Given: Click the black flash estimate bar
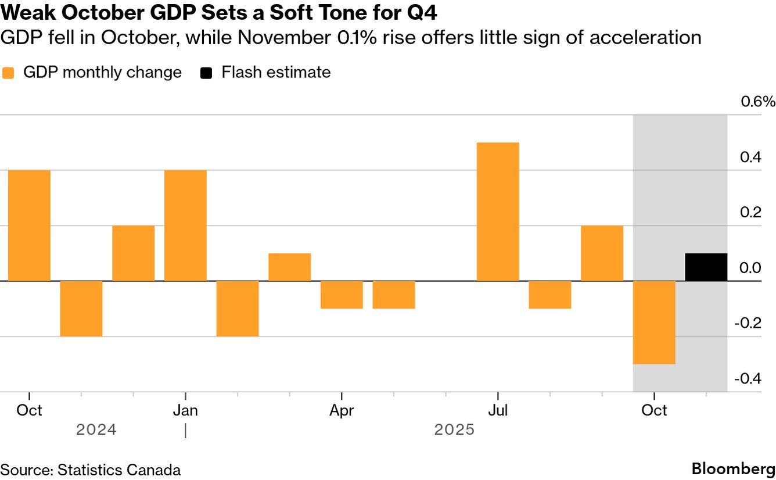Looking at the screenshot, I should (x=706, y=267).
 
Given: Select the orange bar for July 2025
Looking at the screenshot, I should (x=498, y=212).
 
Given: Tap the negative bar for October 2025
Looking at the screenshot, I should (x=654, y=323).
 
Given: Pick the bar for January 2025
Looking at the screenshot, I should (x=185, y=225).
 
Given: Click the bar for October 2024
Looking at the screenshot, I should (x=29, y=225).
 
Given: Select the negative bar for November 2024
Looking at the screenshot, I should (x=81, y=309).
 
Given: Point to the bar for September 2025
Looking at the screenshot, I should (x=602, y=253).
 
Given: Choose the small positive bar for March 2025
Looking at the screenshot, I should (x=289, y=267).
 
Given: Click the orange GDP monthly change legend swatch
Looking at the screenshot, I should (x=8, y=73).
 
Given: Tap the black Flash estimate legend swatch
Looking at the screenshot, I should (x=206, y=73).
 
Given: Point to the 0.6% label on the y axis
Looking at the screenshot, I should (x=757, y=102).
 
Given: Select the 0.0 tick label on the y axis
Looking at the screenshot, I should (x=750, y=268).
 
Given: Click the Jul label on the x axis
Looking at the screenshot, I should (x=498, y=410).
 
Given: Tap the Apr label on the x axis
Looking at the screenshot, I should (x=342, y=410).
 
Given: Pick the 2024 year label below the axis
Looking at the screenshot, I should (x=96, y=430).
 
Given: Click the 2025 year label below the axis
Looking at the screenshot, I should (x=454, y=430).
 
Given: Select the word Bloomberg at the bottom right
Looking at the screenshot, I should (x=733, y=469).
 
